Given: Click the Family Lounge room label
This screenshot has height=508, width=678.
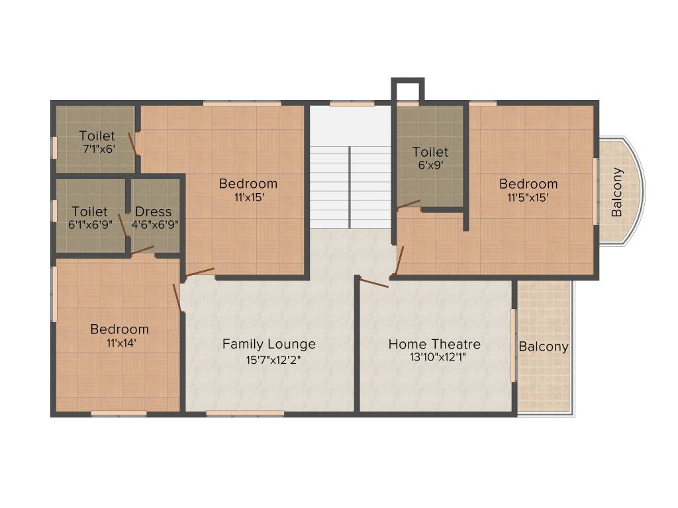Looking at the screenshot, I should (x=269, y=344).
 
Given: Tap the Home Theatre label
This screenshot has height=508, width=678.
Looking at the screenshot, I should (x=434, y=344).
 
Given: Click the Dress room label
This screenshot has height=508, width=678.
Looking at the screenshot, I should (x=153, y=212).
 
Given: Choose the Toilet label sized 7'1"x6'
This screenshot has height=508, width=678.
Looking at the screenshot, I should (x=97, y=136).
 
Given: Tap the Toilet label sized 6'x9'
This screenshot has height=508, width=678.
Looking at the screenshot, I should (x=430, y=151).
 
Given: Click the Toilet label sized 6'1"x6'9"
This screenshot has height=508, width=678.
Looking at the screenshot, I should (x=89, y=212).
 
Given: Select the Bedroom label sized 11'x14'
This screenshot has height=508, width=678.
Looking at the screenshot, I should (x=120, y=329).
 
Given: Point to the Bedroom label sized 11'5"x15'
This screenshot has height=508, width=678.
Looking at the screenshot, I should (x=528, y=183).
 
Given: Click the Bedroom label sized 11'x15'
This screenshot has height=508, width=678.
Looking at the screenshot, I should (x=248, y=183).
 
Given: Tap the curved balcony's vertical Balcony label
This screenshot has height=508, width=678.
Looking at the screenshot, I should (x=617, y=192).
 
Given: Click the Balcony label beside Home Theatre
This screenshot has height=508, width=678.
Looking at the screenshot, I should (x=544, y=347).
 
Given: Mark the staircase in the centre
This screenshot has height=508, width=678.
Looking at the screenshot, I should (x=350, y=186).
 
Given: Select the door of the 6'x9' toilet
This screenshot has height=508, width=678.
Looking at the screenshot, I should (x=408, y=204).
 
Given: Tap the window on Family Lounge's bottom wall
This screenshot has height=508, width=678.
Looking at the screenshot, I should (x=245, y=413).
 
